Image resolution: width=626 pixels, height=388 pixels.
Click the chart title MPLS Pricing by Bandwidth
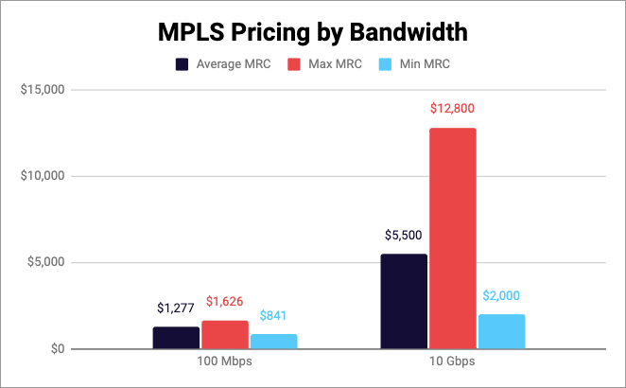312,33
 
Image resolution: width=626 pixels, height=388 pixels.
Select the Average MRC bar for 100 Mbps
176,338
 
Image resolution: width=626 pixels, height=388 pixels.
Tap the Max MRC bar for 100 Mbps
225,335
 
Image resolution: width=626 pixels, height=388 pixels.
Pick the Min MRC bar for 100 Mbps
274,342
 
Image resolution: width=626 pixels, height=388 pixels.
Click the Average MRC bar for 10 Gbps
403,302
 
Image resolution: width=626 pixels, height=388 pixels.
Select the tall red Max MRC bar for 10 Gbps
452,238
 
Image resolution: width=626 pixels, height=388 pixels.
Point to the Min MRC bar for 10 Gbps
501,332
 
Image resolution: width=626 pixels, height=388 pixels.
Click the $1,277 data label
176,308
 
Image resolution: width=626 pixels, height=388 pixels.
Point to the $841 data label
274,315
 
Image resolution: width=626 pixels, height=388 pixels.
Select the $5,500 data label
403,235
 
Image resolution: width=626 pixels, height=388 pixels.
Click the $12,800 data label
452,109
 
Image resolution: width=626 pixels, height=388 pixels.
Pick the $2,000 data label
501,295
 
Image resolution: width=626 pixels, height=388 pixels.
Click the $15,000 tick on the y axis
42,91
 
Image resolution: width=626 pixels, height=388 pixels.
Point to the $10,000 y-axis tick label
42,177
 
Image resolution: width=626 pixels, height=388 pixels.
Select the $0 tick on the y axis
55,349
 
